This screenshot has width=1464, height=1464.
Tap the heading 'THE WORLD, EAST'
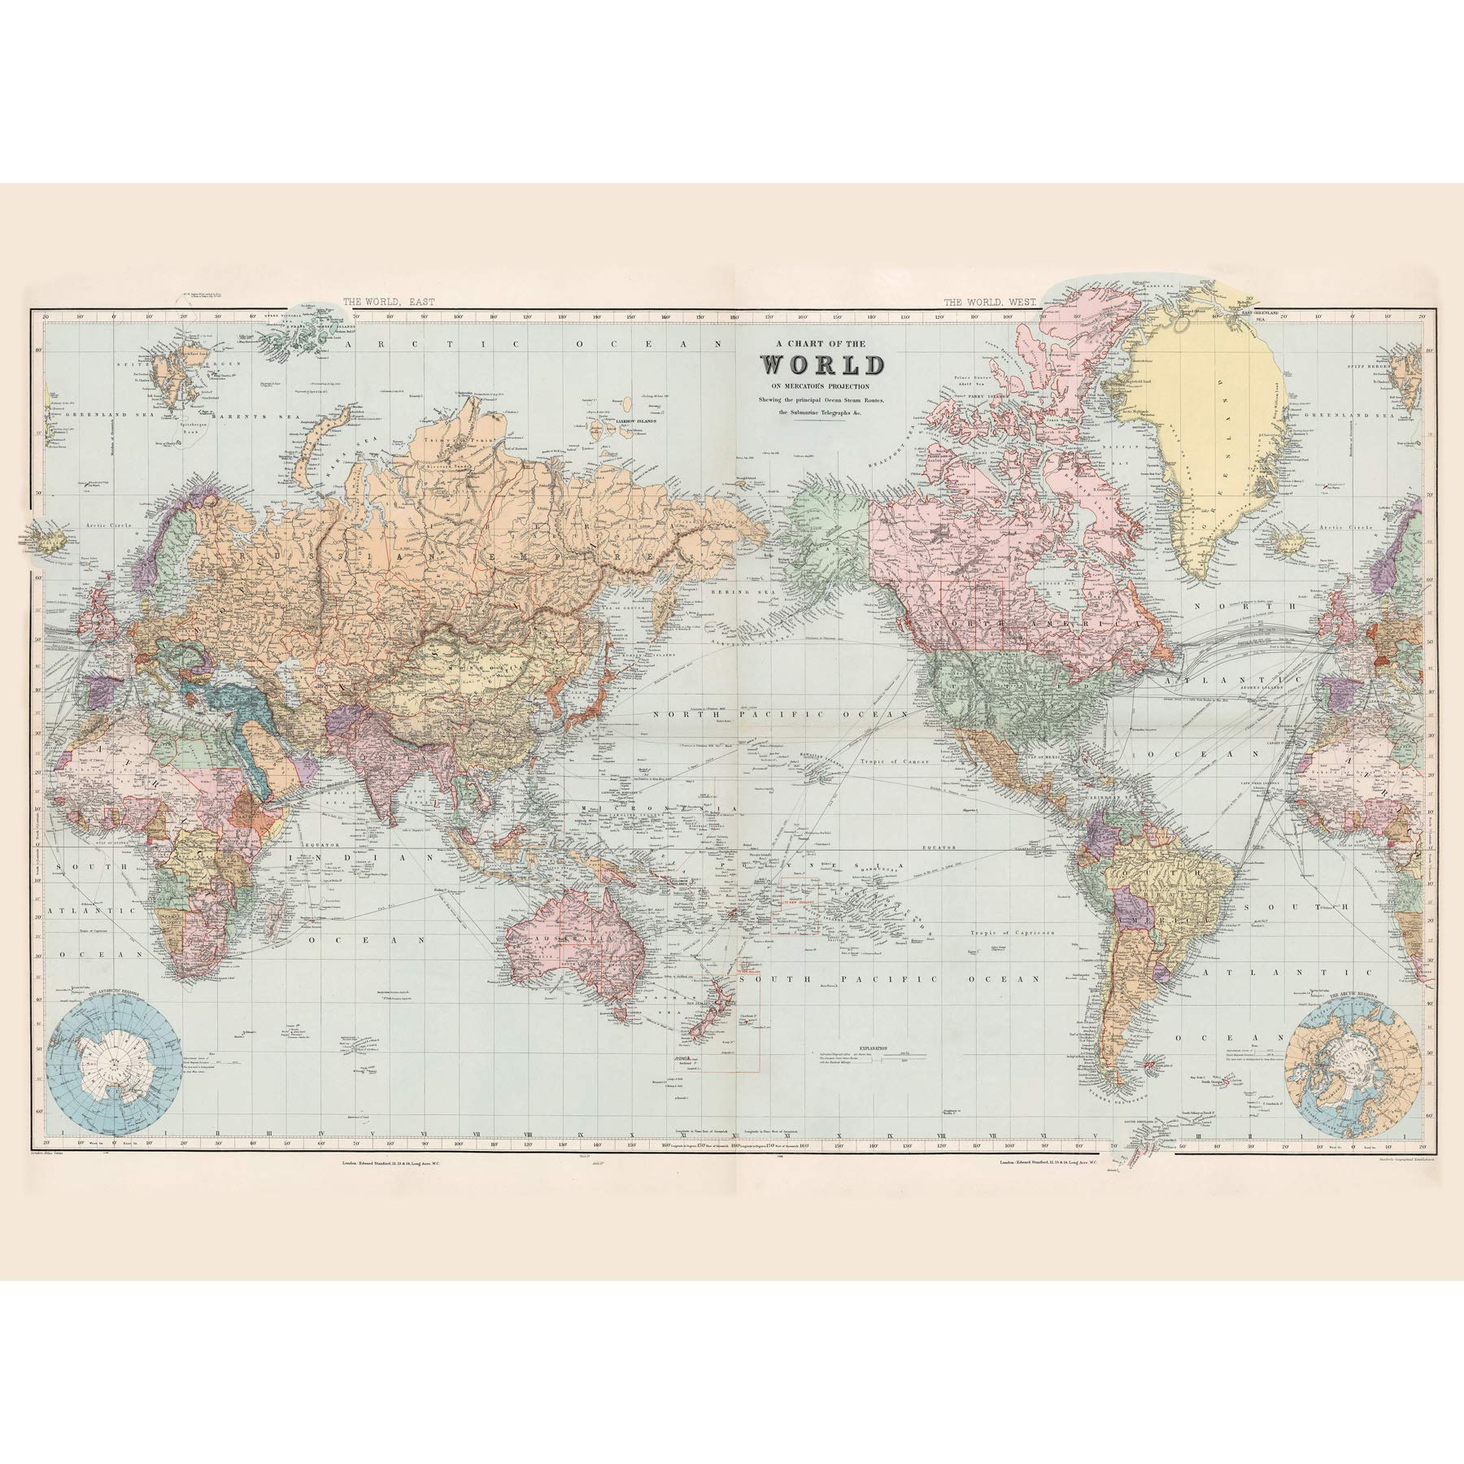point(388,301)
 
